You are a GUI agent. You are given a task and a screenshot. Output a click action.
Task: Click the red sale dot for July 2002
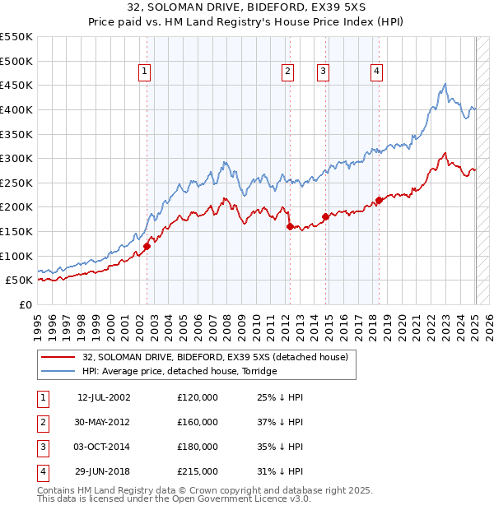tap(147, 245)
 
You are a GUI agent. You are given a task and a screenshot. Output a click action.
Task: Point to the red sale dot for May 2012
tap(290, 226)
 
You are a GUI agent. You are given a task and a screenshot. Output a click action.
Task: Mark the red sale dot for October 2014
tap(325, 216)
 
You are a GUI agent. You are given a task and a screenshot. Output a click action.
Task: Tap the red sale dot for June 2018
tap(379, 200)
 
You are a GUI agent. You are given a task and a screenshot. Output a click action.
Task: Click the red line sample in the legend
tap(57, 357)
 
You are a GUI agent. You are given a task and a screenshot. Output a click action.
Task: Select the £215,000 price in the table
tap(198, 472)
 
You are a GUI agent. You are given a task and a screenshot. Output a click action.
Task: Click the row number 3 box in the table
tap(41, 447)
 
